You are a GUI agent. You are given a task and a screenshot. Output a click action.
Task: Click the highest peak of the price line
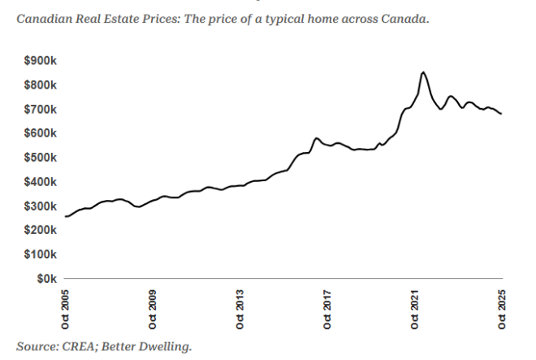(x=423, y=72)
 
